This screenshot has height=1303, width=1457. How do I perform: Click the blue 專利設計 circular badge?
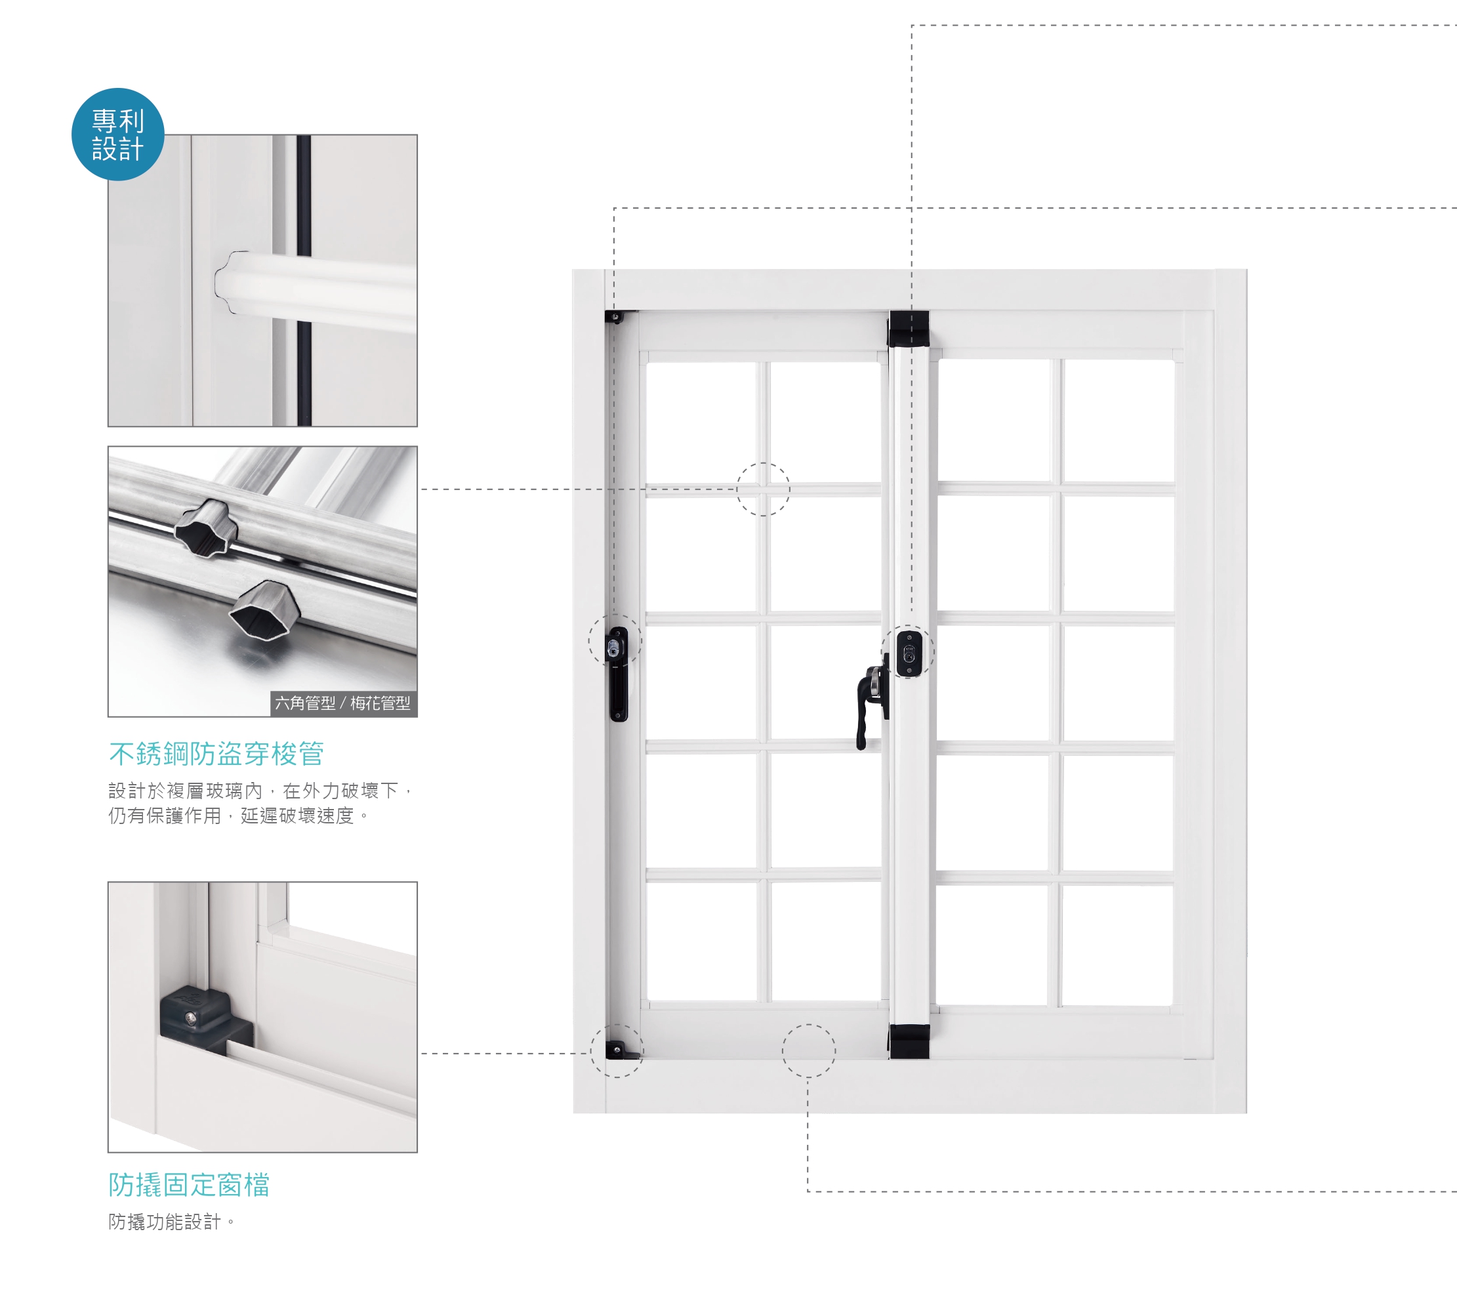coord(118,134)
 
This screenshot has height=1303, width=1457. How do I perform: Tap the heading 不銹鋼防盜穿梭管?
coord(216,753)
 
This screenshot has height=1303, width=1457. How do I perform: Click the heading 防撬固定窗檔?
coord(189,1185)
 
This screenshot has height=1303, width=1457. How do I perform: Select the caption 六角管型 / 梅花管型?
coord(343,703)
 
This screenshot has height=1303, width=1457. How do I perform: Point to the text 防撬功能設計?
coord(165,1222)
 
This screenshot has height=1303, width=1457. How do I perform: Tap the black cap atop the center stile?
coord(909,329)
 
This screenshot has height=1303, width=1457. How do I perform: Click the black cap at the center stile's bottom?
coord(909,1041)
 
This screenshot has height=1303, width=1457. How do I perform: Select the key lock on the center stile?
coord(909,652)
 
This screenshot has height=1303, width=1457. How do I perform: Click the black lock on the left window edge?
coord(617,674)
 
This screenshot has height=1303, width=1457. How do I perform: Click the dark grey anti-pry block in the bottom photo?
coord(204,1018)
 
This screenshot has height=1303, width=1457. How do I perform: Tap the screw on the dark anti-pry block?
coord(190,1018)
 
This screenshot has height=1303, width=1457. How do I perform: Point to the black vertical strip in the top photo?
coord(304,280)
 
